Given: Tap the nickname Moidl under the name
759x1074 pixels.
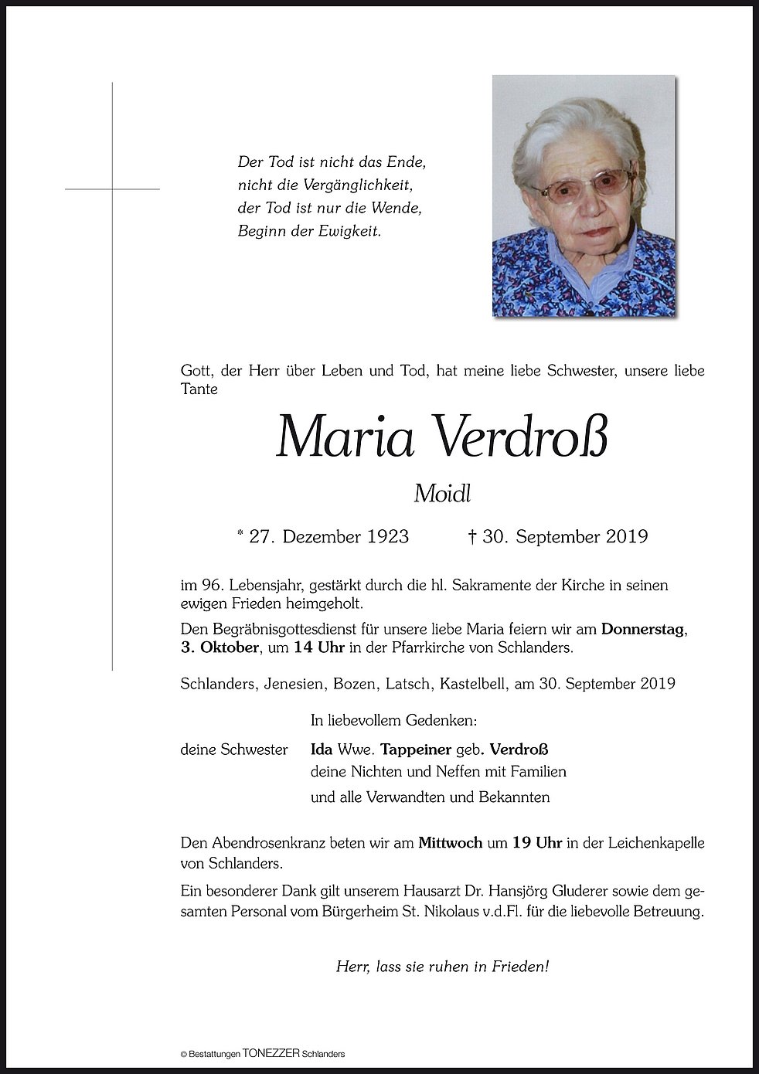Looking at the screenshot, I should click(x=442, y=493).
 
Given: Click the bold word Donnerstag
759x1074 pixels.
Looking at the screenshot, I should click(x=643, y=629).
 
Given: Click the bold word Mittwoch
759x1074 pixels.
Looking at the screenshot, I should click(x=451, y=843).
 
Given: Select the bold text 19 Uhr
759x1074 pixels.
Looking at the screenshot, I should click(x=536, y=843).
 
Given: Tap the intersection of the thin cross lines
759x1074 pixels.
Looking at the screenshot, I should click(x=113, y=189).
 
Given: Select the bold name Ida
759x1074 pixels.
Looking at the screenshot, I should click(x=322, y=749).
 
